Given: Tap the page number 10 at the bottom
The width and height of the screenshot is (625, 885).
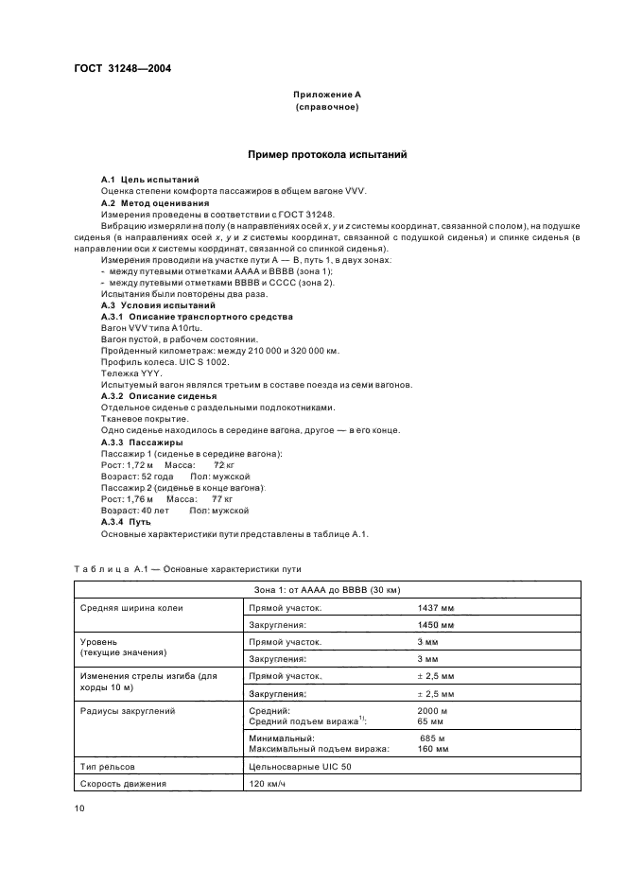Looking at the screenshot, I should pos(79,808).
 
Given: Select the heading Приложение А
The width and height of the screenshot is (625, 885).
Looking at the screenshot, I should pos(326,95).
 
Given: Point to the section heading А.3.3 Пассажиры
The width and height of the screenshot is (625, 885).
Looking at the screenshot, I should pos(142,442).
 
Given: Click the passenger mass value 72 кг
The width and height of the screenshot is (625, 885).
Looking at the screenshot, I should pos(223,465).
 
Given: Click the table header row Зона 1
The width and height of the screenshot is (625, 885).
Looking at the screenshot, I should pos(327,591).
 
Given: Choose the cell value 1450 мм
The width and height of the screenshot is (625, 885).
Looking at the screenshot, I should pos(435,626).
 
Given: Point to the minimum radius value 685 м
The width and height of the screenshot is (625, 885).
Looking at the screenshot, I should pos(433,737).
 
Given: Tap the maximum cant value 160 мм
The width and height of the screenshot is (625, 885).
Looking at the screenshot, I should pos(432,748).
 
